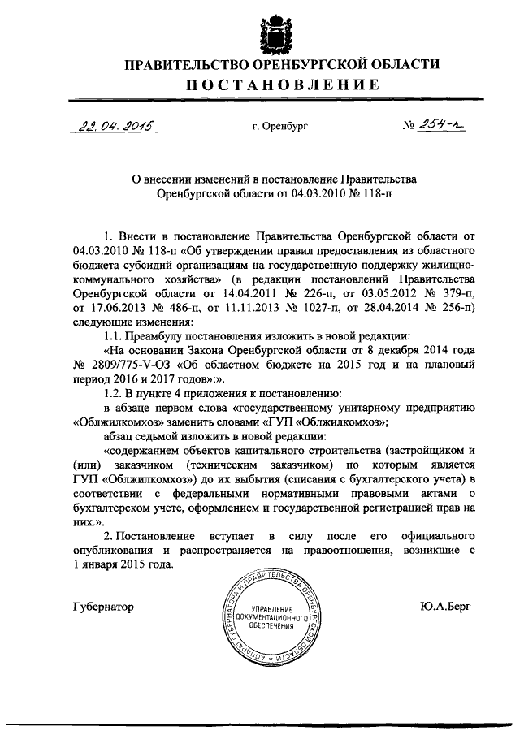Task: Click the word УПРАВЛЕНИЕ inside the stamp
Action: (271, 608)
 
